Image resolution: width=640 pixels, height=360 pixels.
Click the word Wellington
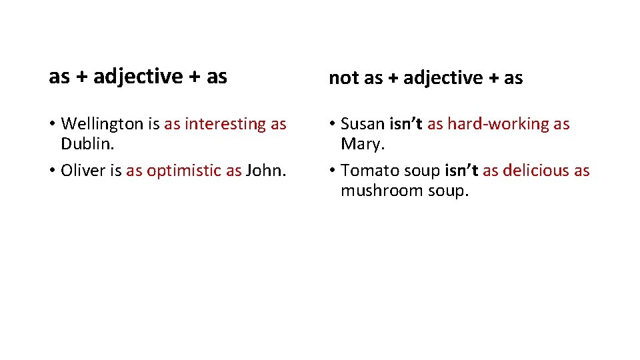point(101,124)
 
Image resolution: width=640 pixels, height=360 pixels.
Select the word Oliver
point(83,171)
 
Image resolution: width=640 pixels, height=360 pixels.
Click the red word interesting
point(225,124)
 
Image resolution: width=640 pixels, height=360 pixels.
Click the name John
point(265,171)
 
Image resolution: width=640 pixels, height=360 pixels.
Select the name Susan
point(363,124)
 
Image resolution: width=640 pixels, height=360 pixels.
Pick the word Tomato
point(369,171)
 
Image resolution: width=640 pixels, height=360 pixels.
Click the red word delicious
point(535,171)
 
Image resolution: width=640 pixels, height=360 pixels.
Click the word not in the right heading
point(343,78)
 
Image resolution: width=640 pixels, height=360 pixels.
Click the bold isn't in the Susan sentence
point(406,124)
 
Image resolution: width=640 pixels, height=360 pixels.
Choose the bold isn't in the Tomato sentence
point(461,171)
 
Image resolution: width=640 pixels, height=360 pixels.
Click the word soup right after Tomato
point(421,171)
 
